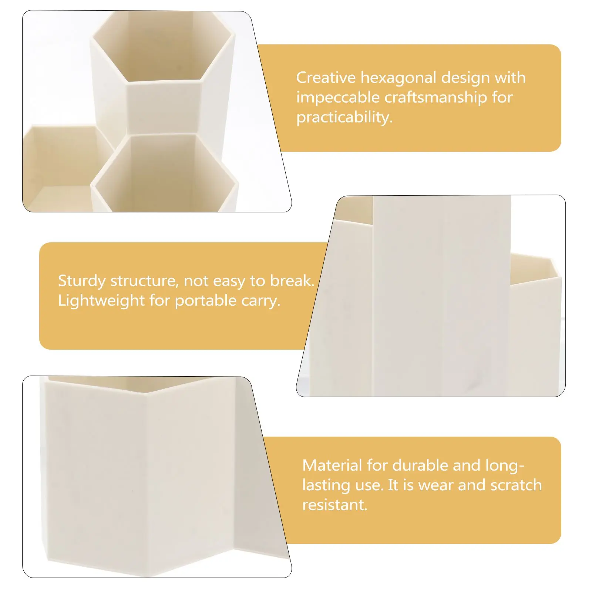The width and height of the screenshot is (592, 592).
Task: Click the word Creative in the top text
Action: pos(326,78)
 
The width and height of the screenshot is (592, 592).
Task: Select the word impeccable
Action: pos(337,98)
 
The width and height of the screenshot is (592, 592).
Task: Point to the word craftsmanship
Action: pos(435,98)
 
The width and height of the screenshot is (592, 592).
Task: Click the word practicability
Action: pos(344,117)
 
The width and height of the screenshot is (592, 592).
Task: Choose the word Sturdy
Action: pos(81,281)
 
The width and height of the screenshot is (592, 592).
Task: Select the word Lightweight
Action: pos(101,300)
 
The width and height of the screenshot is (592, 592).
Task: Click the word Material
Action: pos(332,465)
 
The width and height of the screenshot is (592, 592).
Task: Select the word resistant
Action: pos(334,505)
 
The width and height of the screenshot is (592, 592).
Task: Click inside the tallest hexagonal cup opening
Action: pos(163,48)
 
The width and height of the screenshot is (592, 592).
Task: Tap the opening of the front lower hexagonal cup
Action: pos(163,166)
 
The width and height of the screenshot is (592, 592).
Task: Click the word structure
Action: pos(142,281)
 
